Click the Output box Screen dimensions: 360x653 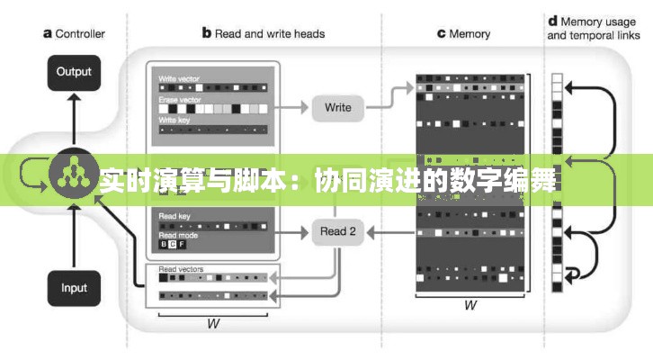(x=74, y=71)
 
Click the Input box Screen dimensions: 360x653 (x=74, y=288)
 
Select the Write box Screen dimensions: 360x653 (x=337, y=108)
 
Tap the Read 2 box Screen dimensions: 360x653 (x=337, y=231)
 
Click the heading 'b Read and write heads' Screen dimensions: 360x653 (x=263, y=34)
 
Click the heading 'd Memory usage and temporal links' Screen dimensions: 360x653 (x=591, y=29)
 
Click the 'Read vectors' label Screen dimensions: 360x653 (x=180, y=269)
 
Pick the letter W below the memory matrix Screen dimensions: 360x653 (x=470, y=305)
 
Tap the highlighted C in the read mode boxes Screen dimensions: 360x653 (x=173, y=244)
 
